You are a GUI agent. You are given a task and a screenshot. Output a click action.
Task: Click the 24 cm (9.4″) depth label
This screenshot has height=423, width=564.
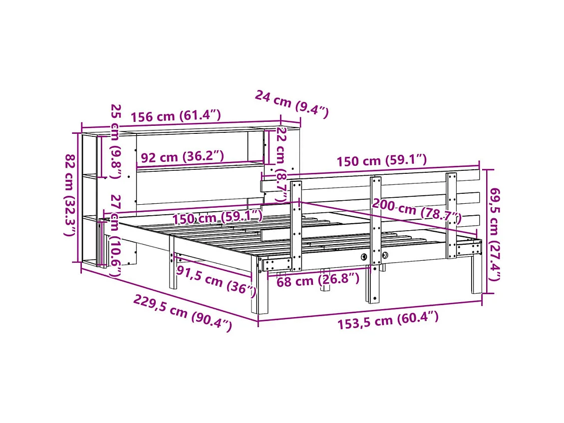(x=292, y=103)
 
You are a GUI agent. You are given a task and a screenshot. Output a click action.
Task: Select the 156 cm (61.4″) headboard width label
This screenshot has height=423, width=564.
(x=176, y=116)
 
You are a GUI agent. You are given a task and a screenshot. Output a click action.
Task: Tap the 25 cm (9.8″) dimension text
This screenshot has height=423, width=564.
(x=116, y=141)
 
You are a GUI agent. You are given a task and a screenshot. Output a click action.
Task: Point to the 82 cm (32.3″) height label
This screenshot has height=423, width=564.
(x=71, y=195)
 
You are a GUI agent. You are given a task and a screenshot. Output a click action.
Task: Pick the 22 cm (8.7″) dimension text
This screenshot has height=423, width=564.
(x=281, y=164)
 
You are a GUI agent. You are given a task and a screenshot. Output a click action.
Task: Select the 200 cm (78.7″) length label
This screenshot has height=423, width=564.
(x=417, y=211)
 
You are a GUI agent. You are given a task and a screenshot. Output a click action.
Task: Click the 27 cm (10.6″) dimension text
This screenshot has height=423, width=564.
(x=115, y=236)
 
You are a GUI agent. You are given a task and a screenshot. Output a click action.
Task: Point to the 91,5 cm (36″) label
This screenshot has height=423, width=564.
(x=216, y=281)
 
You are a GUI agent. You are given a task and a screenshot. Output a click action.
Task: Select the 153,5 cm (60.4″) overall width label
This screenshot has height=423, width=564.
(x=388, y=321)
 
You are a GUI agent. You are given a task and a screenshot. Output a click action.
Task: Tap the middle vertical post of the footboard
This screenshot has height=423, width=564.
(x=375, y=215)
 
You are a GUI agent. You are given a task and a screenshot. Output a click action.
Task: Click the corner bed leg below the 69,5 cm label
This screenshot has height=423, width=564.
(x=476, y=275)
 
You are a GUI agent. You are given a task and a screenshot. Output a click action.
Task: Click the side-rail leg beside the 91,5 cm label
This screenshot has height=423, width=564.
(x=172, y=270)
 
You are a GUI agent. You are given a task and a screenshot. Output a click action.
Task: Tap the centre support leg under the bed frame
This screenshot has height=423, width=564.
(x=325, y=282)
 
